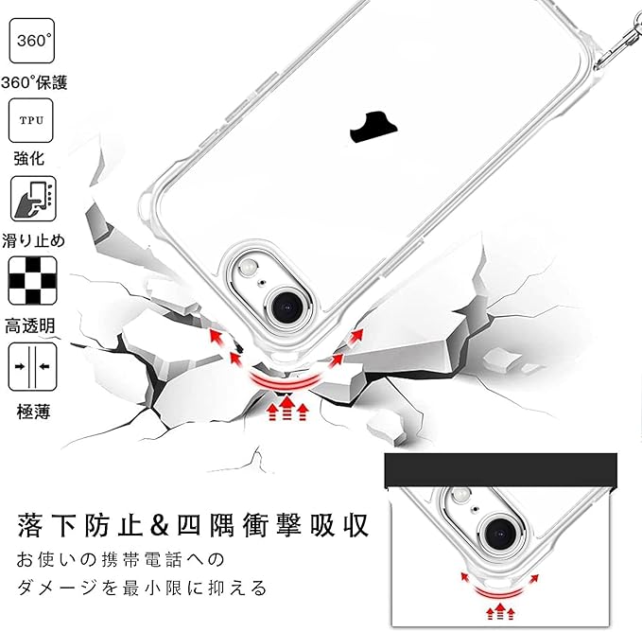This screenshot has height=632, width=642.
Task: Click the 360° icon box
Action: pyautogui.click(x=31, y=41)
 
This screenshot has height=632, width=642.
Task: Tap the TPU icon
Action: pyautogui.click(x=31, y=118)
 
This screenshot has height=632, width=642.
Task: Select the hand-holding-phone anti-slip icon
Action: pyautogui.click(x=31, y=198)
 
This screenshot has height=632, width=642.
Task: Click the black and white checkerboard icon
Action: pyautogui.click(x=31, y=279)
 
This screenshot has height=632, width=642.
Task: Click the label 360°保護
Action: pyautogui.click(x=34, y=81)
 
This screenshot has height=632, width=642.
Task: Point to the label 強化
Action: pyautogui.click(x=29, y=159)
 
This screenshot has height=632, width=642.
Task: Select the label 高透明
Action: pyautogui.click(x=31, y=325)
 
